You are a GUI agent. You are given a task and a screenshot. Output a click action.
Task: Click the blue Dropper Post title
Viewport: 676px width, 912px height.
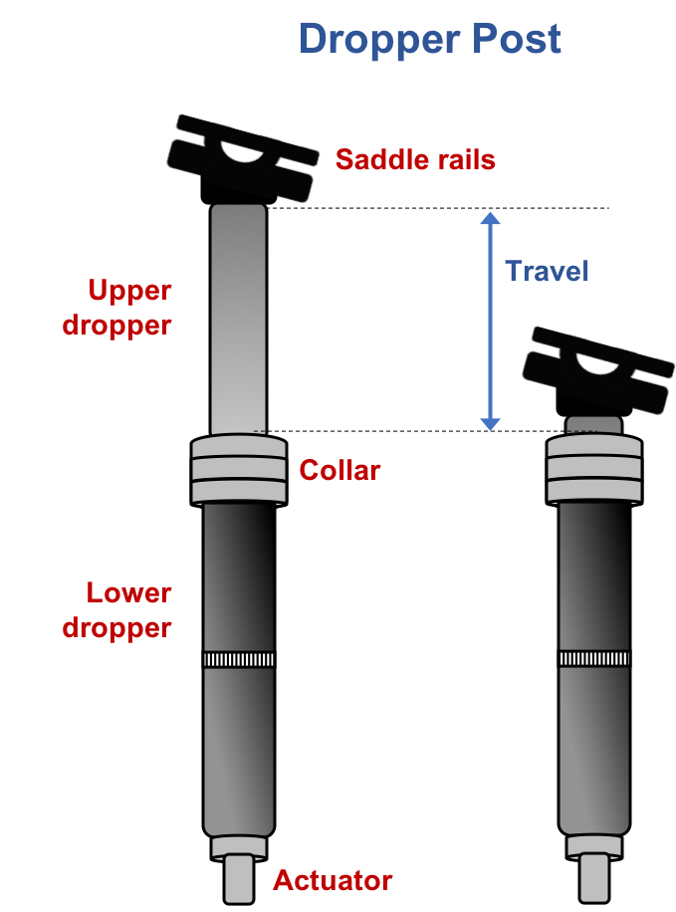[x=430, y=43]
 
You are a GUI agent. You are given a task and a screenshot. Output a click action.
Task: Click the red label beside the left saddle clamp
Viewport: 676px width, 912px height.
[x=414, y=159]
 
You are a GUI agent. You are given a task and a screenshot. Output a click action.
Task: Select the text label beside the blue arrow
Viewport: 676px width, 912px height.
[x=545, y=275]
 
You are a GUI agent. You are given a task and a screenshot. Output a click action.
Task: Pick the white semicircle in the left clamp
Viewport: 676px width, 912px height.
[x=242, y=151]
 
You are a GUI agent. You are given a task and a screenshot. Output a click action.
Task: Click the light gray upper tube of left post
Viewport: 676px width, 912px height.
[x=239, y=319]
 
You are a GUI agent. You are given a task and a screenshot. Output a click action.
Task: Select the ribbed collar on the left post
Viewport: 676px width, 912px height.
[x=239, y=469]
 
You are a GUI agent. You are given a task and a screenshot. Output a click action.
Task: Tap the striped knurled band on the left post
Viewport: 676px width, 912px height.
[x=239, y=659]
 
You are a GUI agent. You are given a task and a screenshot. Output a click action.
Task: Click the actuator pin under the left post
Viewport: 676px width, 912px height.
[x=239, y=878]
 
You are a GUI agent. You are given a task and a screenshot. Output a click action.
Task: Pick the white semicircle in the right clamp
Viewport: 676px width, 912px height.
[x=597, y=363]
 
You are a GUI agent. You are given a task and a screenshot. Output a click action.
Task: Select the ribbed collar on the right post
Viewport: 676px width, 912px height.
[x=593, y=469]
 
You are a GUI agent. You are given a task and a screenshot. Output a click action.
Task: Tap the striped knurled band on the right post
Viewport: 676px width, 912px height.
[x=593, y=658]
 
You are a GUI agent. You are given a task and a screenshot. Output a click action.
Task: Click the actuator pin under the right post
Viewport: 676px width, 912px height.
[x=593, y=878]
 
